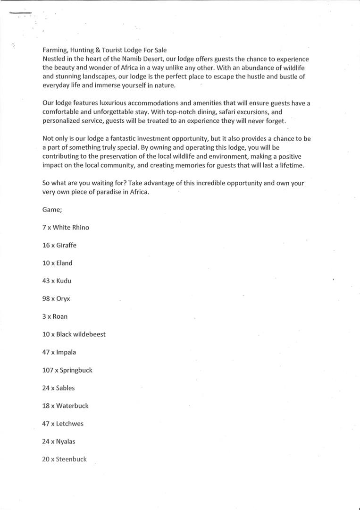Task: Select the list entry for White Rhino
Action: pos(66,227)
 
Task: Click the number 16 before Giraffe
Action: pos(46,245)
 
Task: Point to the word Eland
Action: pos(64,263)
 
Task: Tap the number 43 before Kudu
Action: pos(46,281)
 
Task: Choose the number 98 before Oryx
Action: pos(46,299)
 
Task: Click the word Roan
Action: pos(60,316)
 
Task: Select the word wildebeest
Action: pos(90,334)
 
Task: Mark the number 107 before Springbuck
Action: pos(48,370)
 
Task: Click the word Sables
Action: pos(65,388)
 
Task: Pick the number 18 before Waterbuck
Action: pos(46,406)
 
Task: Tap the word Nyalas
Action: pos(66,442)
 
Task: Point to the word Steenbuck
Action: pos(71,459)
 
